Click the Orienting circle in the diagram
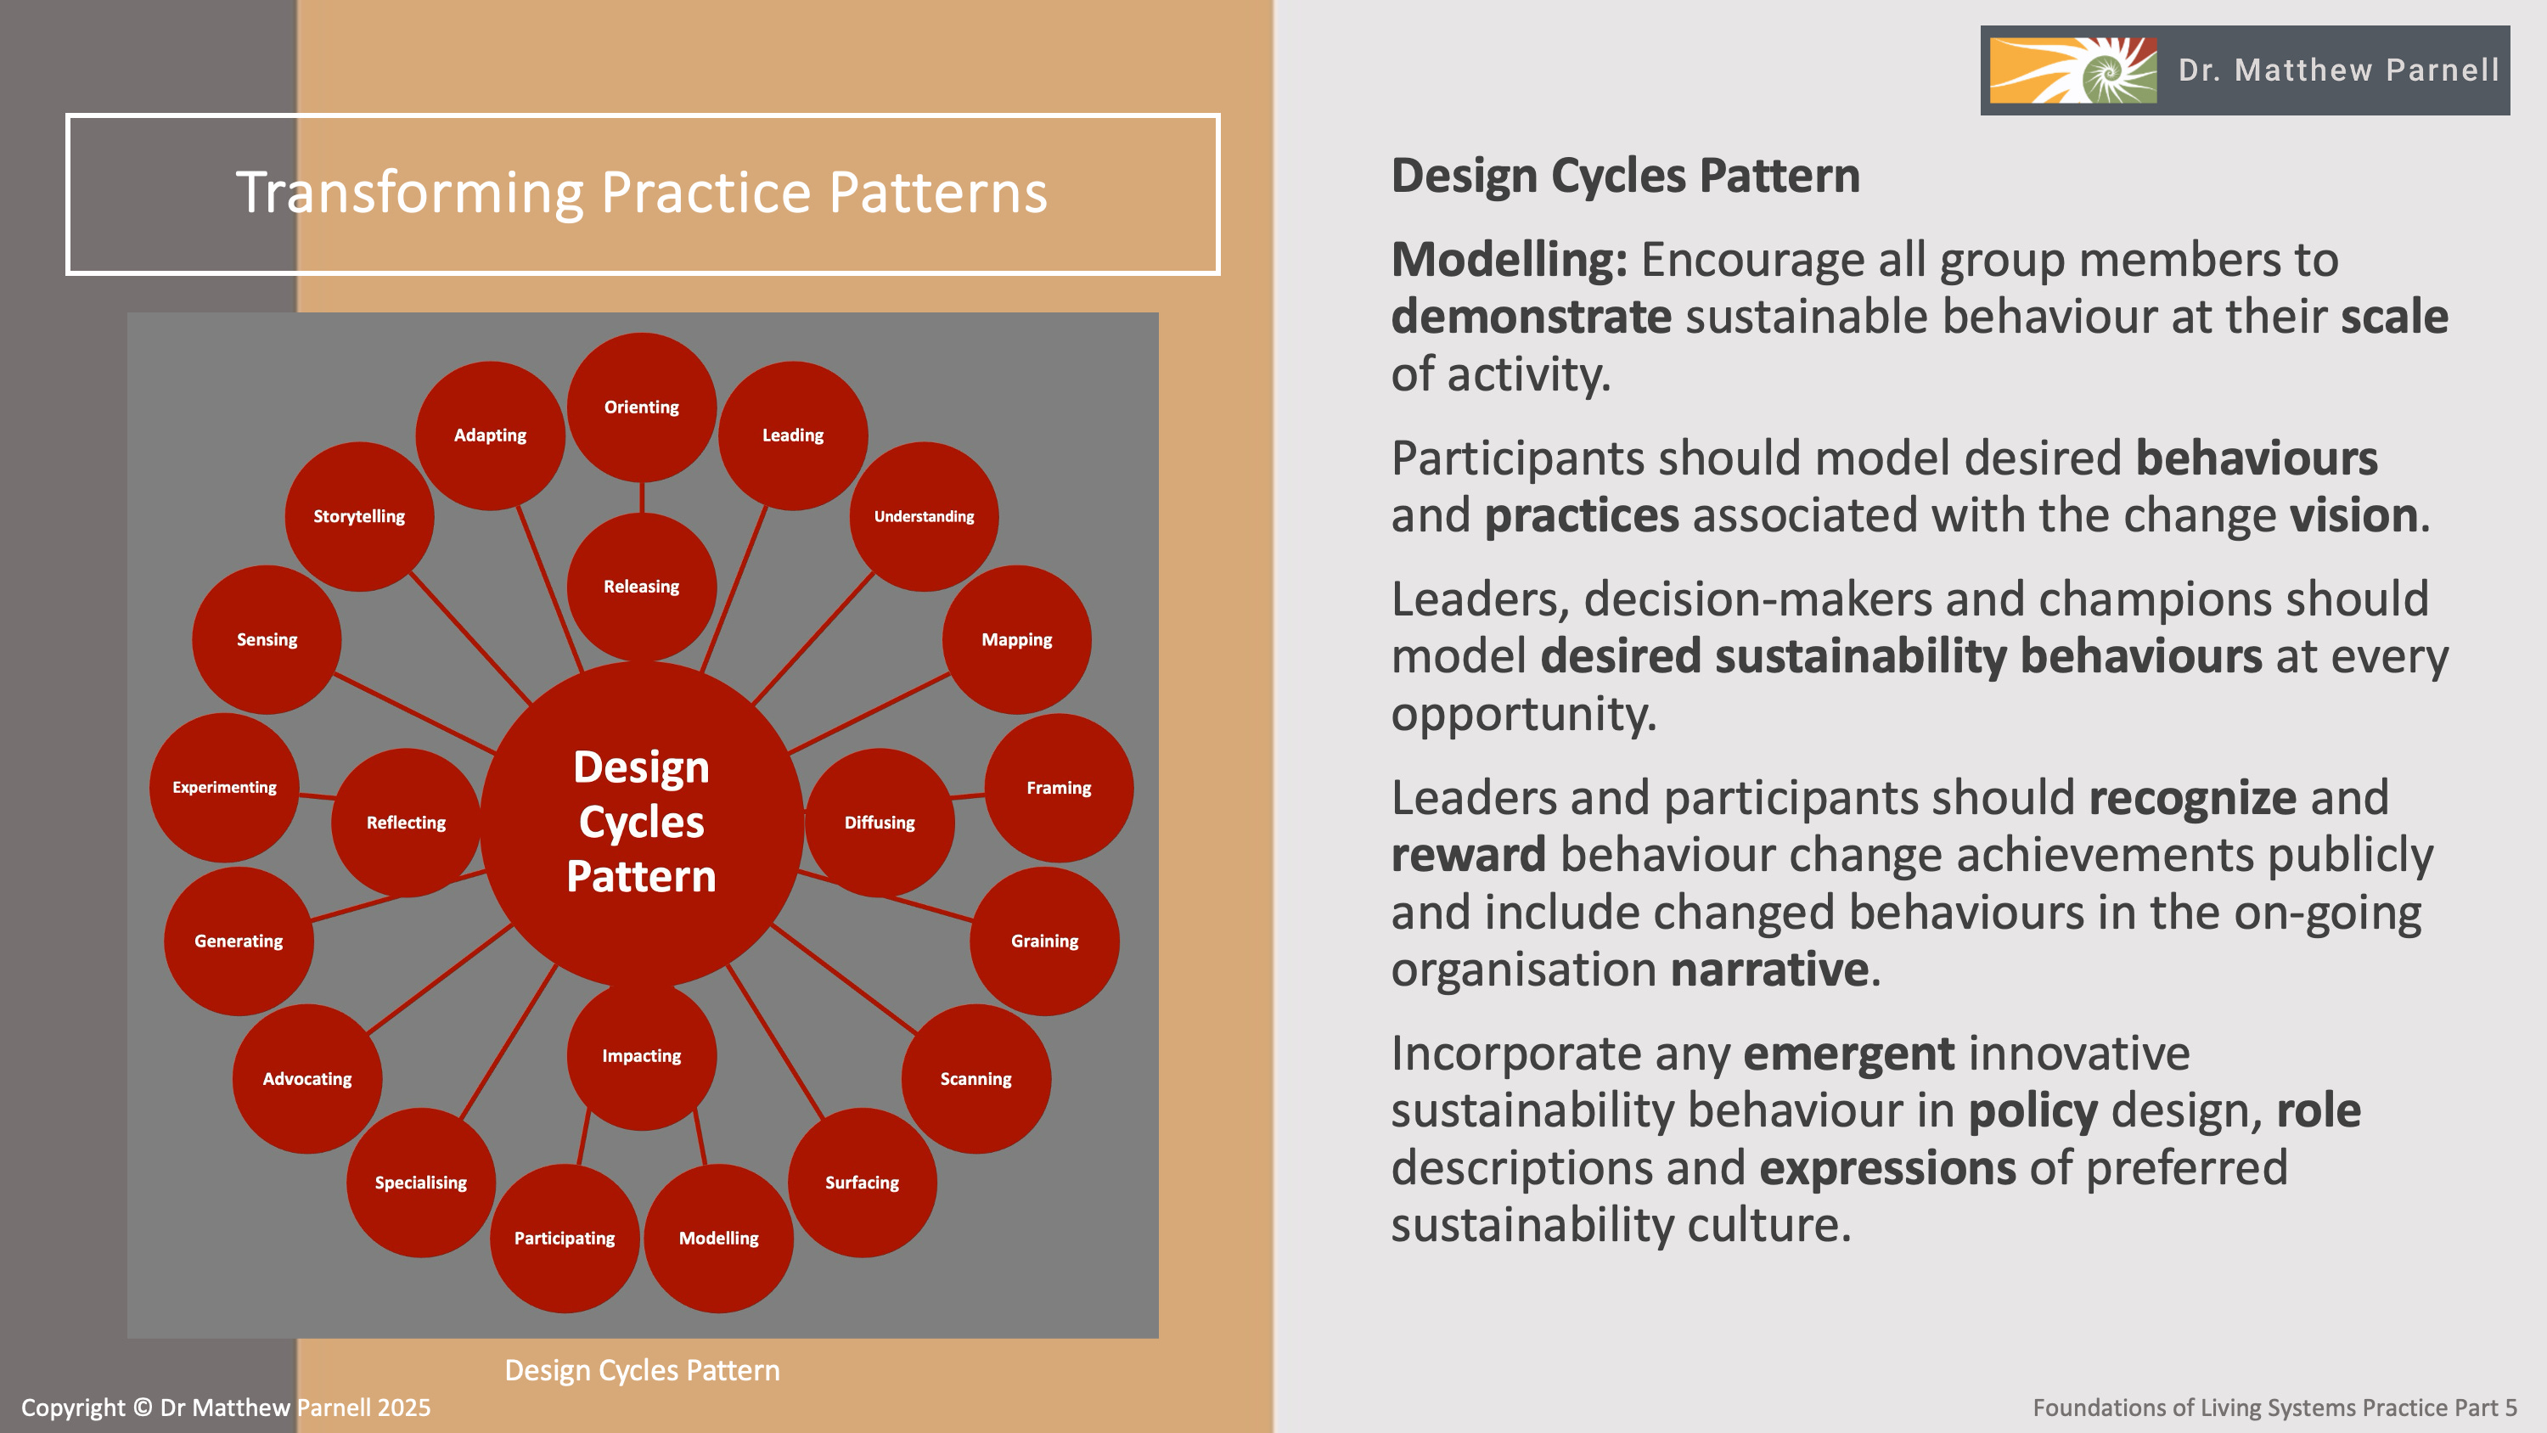[642, 407]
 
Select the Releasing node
[642, 587]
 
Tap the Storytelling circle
[359, 516]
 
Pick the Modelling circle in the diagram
[719, 1239]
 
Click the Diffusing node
[879, 823]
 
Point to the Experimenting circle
[224, 787]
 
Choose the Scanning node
[976, 1079]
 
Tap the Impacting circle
[642, 1056]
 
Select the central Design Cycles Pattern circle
[642, 822]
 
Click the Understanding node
[924, 516]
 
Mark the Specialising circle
[420, 1183]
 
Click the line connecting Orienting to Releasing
[642, 497]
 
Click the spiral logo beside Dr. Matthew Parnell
[2072, 70]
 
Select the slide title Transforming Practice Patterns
[642, 192]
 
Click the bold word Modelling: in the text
[1509, 260]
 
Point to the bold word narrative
[1768, 969]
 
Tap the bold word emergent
[1848, 1054]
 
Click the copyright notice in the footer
[226, 1408]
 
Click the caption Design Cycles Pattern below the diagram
[642, 1371]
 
